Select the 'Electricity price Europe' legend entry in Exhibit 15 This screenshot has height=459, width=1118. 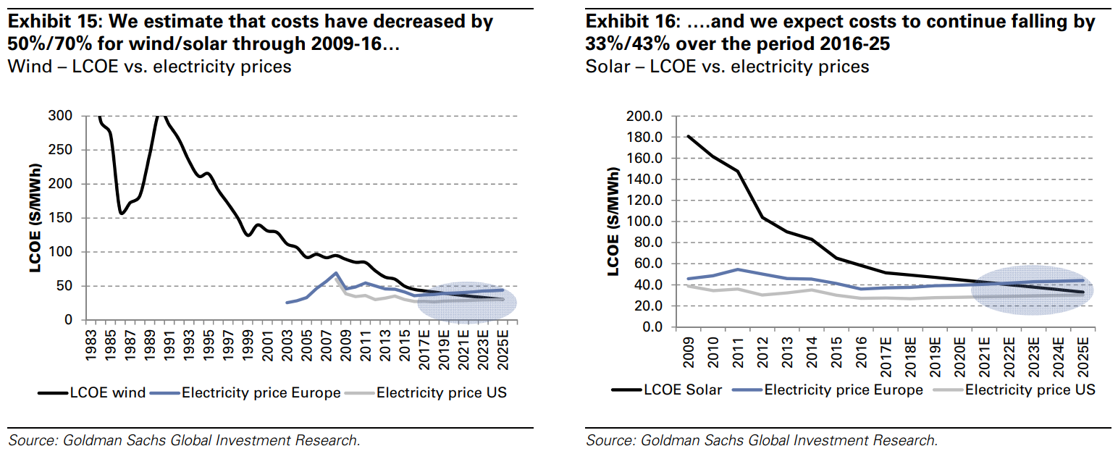click(261, 393)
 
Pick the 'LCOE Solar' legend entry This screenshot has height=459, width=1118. click(683, 389)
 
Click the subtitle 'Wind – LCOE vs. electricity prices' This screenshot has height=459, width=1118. click(148, 67)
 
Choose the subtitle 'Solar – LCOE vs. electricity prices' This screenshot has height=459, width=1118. click(727, 67)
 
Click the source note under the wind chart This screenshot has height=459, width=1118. click(184, 440)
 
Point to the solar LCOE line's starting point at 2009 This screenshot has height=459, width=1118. click(687, 136)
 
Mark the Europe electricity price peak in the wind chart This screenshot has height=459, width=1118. click(335, 274)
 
